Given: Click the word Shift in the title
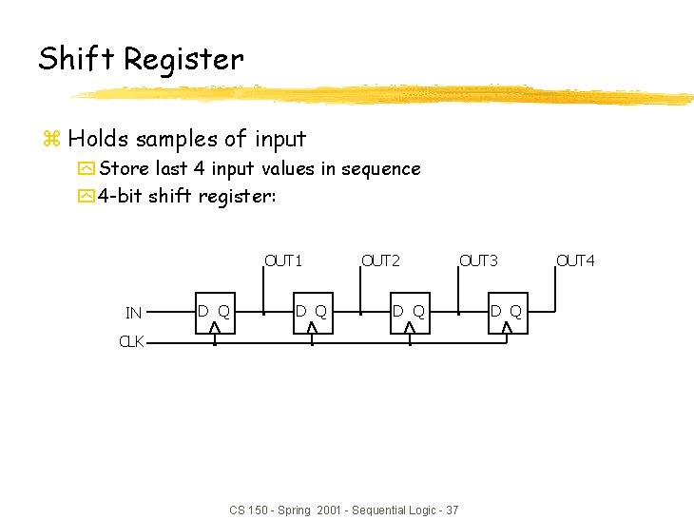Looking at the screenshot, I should tap(77, 59).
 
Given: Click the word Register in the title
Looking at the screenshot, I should tap(183, 61).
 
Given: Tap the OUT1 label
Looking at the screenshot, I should tap(283, 260).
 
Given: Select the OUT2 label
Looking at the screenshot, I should tap(381, 260).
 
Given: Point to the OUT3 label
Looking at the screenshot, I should tap(478, 260).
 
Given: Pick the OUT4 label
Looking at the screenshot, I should tap(575, 260).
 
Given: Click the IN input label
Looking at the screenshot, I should tap(134, 313).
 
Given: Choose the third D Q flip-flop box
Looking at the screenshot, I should tap(409, 313).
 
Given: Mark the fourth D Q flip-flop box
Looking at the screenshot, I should tap(506, 313).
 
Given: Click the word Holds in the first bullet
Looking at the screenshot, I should tap(98, 139).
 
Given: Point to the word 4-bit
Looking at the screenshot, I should tap(121, 196).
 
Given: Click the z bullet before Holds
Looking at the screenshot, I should tap(51, 140).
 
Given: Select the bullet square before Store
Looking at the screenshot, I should tap(87, 169).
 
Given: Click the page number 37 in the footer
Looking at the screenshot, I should tap(452, 510).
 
